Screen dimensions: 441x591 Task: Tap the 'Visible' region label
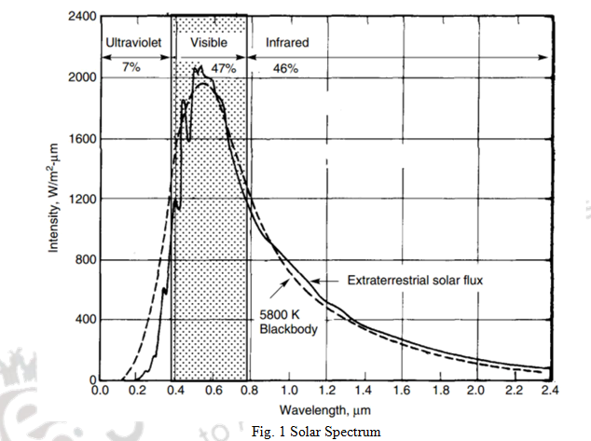(x=209, y=43)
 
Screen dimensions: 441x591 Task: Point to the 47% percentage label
(x=223, y=69)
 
